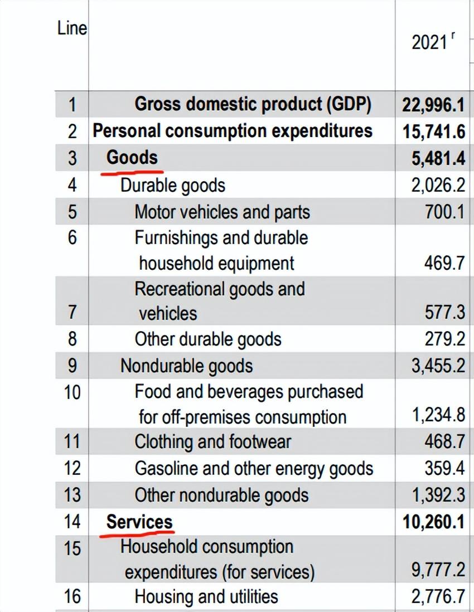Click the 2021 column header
[x=429, y=42]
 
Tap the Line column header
[x=72, y=28]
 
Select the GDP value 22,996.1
[x=433, y=105]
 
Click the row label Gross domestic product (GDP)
[x=253, y=104]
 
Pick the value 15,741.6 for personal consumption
[x=433, y=131]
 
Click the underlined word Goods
[x=132, y=157]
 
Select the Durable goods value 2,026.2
[x=438, y=184]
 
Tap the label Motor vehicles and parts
[x=222, y=212]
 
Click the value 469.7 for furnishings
[x=444, y=263]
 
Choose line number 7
[x=72, y=312]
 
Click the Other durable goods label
[x=207, y=339]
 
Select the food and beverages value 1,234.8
[x=438, y=416]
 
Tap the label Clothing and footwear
[x=212, y=442]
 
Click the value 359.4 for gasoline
[x=444, y=468]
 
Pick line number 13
[x=72, y=494]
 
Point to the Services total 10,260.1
[x=433, y=522]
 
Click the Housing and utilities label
[x=206, y=597]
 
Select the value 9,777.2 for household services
[x=438, y=571]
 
